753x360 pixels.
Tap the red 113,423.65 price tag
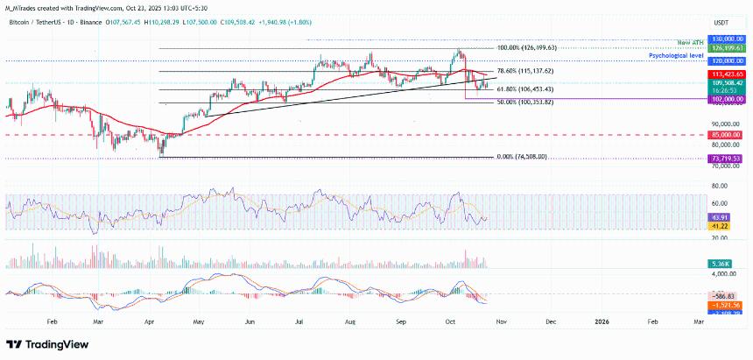click(728, 75)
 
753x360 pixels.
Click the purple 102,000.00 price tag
click(728, 99)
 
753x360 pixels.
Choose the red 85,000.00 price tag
click(728, 135)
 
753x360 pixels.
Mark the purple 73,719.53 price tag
click(728, 158)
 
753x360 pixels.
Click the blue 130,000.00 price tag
click(728, 39)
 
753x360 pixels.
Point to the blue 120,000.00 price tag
click(728, 62)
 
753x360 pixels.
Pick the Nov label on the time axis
click(501, 322)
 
